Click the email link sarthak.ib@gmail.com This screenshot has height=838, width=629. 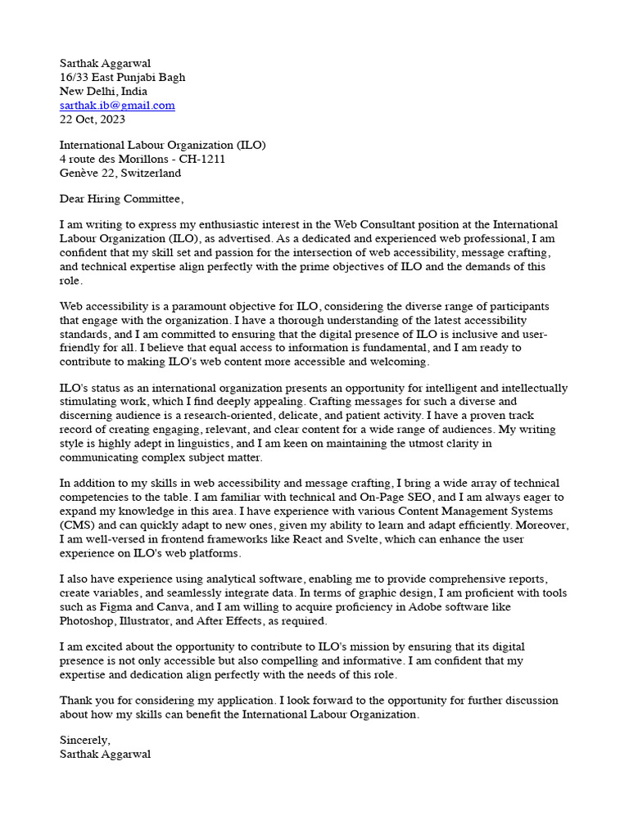click(x=117, y=106)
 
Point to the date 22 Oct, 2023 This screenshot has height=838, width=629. click(x=93, y=119)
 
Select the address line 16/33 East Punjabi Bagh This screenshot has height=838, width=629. click(x=122, y=78)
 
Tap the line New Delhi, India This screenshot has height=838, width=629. click(x=103, y=92)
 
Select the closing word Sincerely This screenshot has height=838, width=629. click(x=84, y=740)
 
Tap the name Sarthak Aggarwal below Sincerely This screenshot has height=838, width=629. click(x=105, y=754)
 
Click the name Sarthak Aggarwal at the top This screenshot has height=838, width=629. click(x=106, y=64)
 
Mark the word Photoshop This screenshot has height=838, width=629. click(x=86, y=620)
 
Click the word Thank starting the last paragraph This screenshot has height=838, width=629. click(x=76, y=701)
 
